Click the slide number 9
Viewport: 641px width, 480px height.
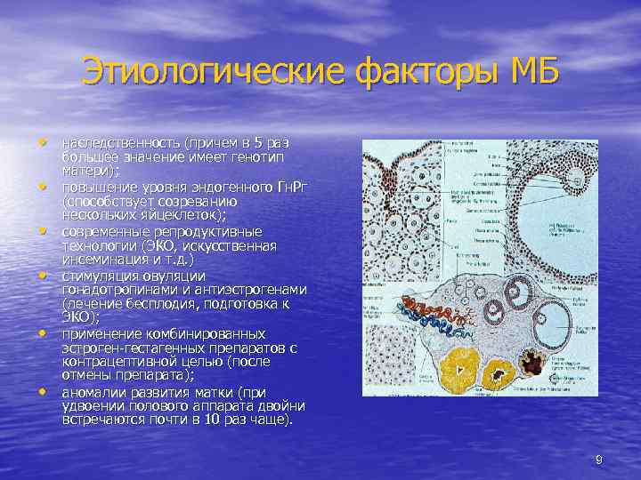pos(599,460)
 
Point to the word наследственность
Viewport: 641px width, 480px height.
pos(120,142)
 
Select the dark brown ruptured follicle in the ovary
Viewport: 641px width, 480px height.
pos(536,362)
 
